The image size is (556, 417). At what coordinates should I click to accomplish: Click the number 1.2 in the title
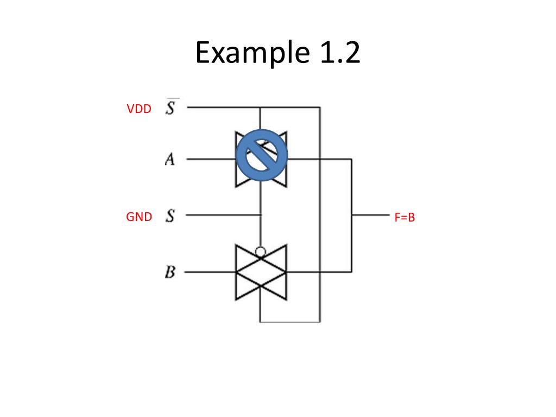[337, 53]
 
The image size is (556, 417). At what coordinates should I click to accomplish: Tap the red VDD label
[139, 109]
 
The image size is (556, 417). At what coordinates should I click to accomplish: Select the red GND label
[139, 217]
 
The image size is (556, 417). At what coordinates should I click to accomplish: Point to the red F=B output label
[405, 218]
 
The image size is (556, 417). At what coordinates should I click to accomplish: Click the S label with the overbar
[170, 108]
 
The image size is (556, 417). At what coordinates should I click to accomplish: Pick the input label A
[170, 160]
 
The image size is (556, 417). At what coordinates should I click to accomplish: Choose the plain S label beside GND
[170, 216]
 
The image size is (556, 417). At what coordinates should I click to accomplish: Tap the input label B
[170, 271]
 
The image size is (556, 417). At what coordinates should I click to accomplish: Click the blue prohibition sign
[262, 155]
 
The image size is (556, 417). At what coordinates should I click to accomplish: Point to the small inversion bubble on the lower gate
[261, 252]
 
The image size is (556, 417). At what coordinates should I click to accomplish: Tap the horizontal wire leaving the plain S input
[223, 215]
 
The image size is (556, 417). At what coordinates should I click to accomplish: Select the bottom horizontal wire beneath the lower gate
[290, 322]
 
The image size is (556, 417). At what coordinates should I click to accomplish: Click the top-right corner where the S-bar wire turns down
[320, 108]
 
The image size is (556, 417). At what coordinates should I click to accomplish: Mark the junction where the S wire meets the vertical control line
[261, 215]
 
